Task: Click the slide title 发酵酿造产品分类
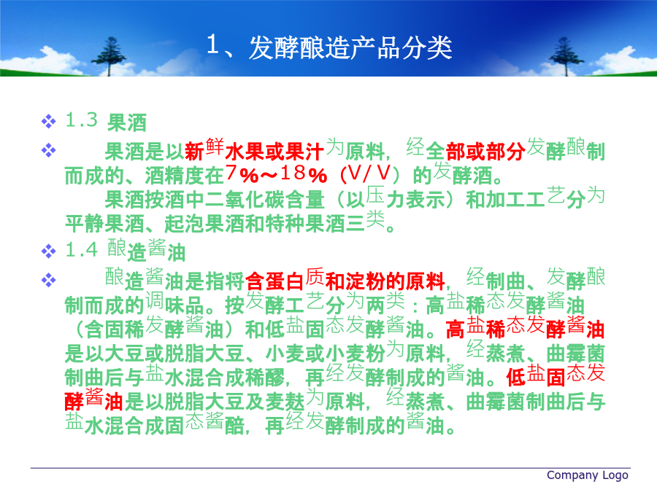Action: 350,47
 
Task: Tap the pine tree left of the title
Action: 109,56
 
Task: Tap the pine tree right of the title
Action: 566,56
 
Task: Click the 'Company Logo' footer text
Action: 588,475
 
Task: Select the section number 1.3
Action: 81,120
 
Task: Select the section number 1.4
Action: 81,250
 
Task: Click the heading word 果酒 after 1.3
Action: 126,123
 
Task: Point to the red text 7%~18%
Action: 276,174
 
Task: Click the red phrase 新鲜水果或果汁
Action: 254,149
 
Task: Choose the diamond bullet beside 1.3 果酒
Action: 49,121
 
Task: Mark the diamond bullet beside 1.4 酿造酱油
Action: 49,251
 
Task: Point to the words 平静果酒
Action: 104,224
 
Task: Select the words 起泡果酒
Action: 204,224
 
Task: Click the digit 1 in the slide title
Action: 212,44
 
